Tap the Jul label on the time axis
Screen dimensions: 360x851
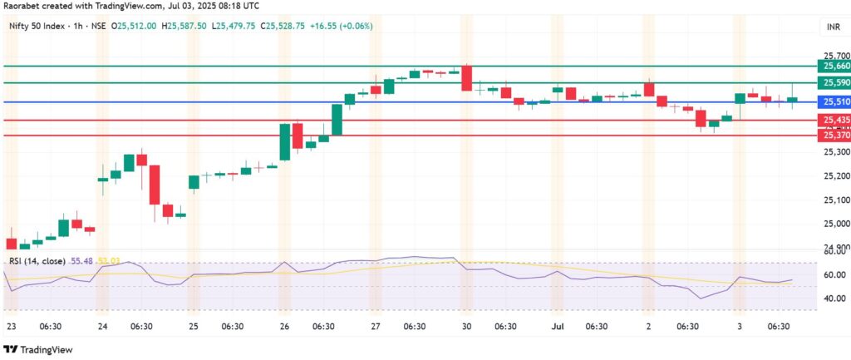[555, 328]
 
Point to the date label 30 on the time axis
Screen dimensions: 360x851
[465, 328]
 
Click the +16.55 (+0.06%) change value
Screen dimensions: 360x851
[343, 26]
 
